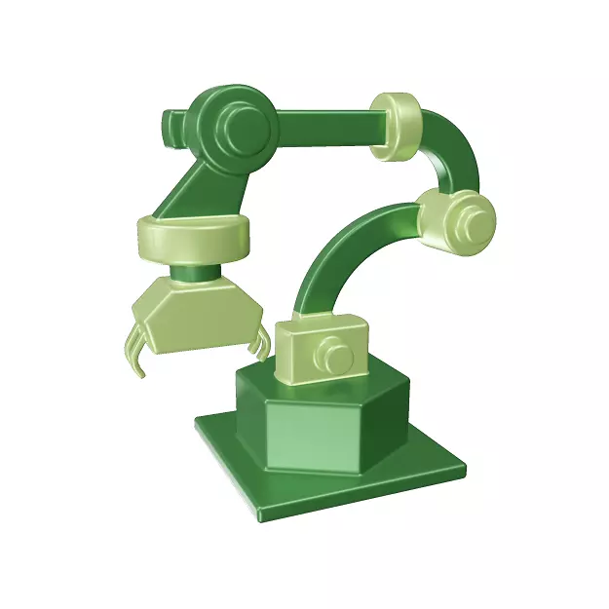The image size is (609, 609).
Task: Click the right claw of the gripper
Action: tap(260, 341)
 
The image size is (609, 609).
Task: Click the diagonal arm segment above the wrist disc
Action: tap(195, 185)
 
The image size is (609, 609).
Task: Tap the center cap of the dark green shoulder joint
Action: tap(245, 124)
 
